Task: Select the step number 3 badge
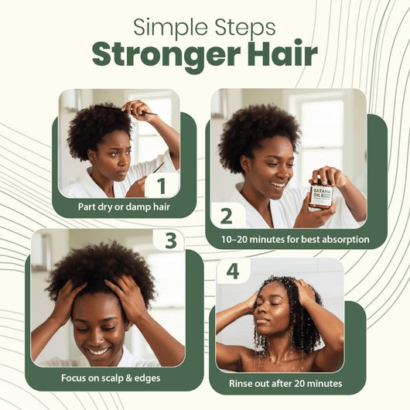(173, 239)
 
